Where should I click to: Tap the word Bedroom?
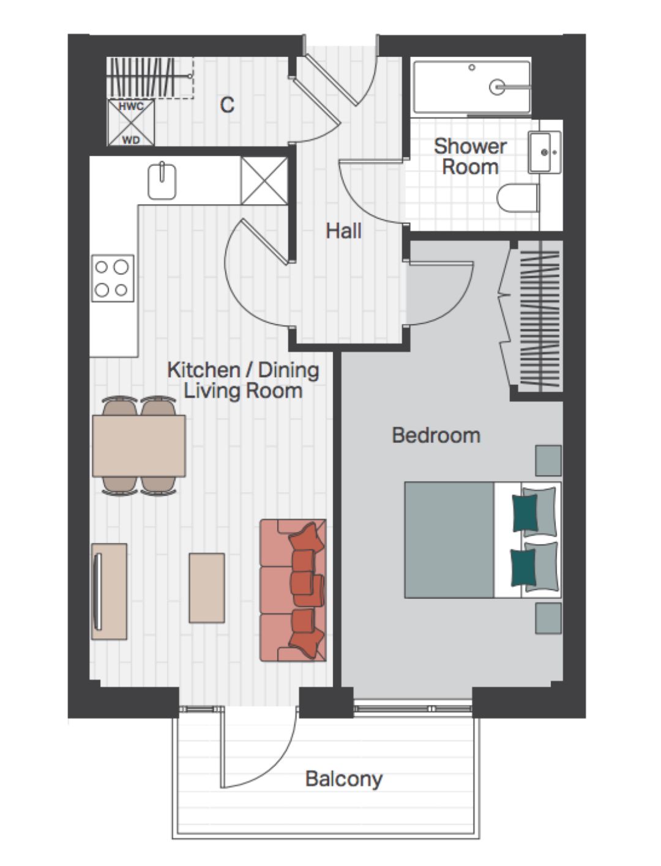point(436,435)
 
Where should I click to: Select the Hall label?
point(343,231)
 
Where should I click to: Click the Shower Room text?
point(470,157)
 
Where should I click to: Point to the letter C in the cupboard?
point(227,105)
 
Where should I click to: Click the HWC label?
point(131,106)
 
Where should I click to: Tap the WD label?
point(131,140)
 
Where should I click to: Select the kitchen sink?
point(162,182)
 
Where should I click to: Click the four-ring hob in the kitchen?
point(113,278)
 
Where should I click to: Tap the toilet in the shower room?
point(518,198)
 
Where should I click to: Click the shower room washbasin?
point(545,152)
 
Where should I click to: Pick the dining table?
point(139,446)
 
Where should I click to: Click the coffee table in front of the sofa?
point(207,588)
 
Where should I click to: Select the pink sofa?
point(293,590)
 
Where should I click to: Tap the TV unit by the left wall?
point(110,591)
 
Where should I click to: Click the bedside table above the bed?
point(548,461)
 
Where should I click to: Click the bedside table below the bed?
point(548,618)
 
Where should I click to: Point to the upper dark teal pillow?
point(525,513)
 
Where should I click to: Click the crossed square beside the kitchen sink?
point(264,180)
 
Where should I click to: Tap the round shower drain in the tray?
point(497,86)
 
